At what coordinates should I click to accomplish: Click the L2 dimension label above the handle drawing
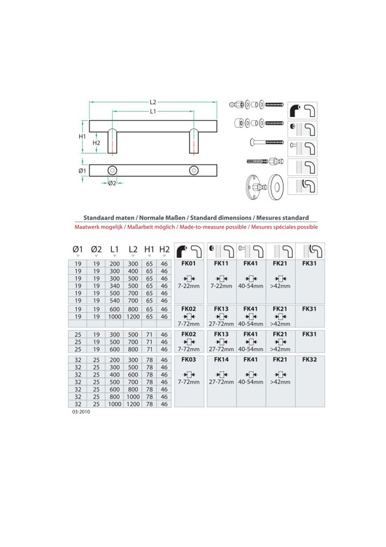point(153,102)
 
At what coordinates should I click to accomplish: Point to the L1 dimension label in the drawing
point(153,112)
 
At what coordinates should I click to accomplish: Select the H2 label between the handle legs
point(96,143)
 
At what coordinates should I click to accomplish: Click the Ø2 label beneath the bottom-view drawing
point(112,182)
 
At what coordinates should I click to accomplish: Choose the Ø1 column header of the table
point(78,249)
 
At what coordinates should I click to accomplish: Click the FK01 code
point(188,263)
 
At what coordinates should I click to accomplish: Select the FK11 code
point(221,263)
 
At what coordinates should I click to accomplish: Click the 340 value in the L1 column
point(114,286)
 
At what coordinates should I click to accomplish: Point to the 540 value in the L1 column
point(114,300)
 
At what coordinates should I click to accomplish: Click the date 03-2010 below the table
point(80,413)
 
